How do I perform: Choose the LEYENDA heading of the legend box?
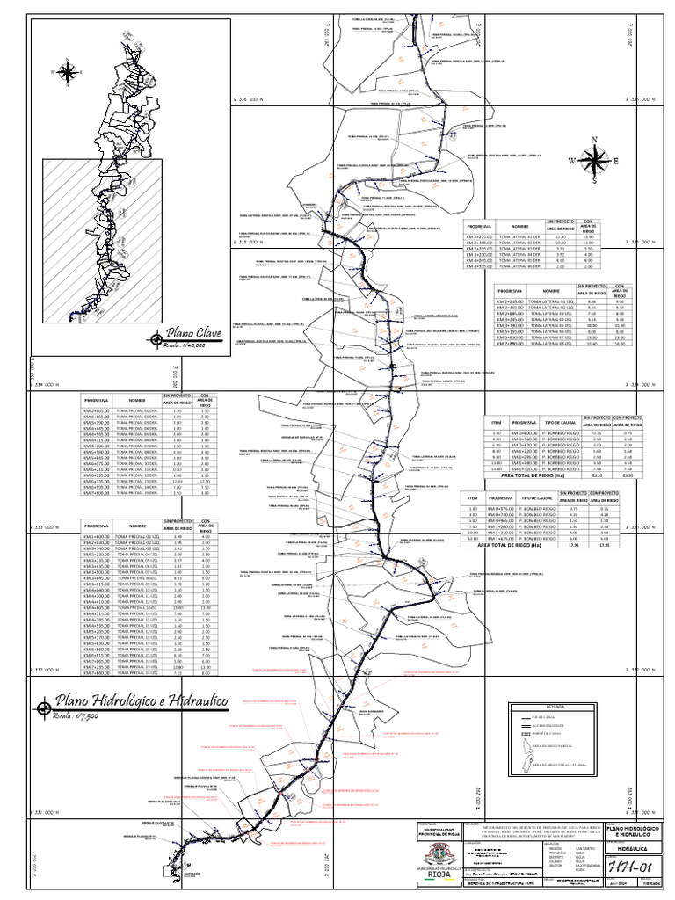[x=555, y=706]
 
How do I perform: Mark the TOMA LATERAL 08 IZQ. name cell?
[x=550, y=345]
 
